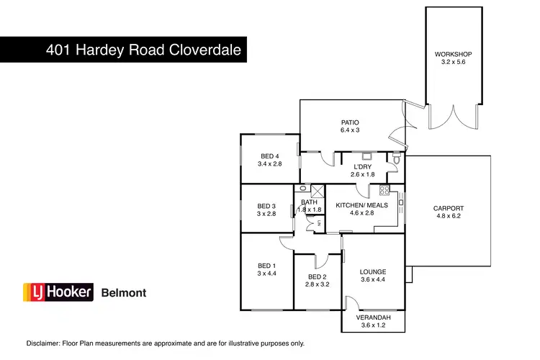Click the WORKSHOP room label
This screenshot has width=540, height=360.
pyautogui.click(x=453, y=54)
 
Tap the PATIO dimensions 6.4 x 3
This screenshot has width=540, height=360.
pyautogui.click(x=350, y=130)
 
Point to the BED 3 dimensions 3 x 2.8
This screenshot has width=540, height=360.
pyautogui.click(x=266, y=214)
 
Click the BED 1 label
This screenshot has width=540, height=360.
pyautogui.click(x=266, y=265)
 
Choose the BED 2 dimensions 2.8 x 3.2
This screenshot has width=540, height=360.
pyautogui.click(x=318, y=285)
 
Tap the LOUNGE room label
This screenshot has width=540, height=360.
pyautogui.click(x=373, y=271)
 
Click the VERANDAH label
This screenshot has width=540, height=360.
pyautogui.click(x=373, y=318)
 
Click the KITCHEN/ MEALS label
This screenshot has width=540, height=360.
pyautogui.click(x=361, y=205)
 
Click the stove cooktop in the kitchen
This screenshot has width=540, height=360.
pyautogui.click(x=384, y=190)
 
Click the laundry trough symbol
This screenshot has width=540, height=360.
pyautogui.click(x=366, y=155)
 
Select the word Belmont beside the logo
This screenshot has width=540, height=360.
pyautogui.click(x=123, y=293)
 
